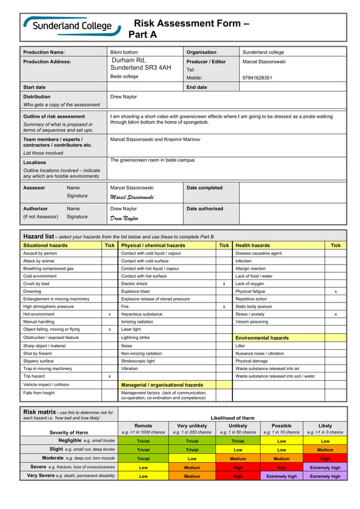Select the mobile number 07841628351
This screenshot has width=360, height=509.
coord(257,78)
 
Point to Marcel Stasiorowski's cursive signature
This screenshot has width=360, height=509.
coord(131,197)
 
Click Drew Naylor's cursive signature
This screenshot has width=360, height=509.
coord(124,218)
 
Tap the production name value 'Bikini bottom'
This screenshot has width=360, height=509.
coord(124,52)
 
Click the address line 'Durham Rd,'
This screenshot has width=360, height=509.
coord(129,60)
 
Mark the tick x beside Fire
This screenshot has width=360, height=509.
coord(224,306)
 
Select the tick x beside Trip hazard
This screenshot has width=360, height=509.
coord(109,376)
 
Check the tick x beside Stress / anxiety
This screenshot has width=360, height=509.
coord(336,314)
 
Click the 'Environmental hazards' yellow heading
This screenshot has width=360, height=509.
coord(262,338)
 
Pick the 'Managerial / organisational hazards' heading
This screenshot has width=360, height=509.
coord(162,385)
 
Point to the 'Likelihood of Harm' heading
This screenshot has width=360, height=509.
coord(232,418)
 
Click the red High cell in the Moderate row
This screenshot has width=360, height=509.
coord(325,459)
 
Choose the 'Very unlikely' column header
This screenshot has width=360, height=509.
coord(192,426)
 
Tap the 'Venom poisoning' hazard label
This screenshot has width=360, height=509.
coord(252,322)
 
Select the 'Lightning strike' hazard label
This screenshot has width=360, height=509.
coord(135,337)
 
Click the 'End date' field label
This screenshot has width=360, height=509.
coord(196,87)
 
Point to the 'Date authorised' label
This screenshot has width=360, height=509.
coord(205,209)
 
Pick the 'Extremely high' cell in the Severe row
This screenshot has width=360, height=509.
coord(325,467)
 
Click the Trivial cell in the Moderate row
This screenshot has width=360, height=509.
coord(143,459)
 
